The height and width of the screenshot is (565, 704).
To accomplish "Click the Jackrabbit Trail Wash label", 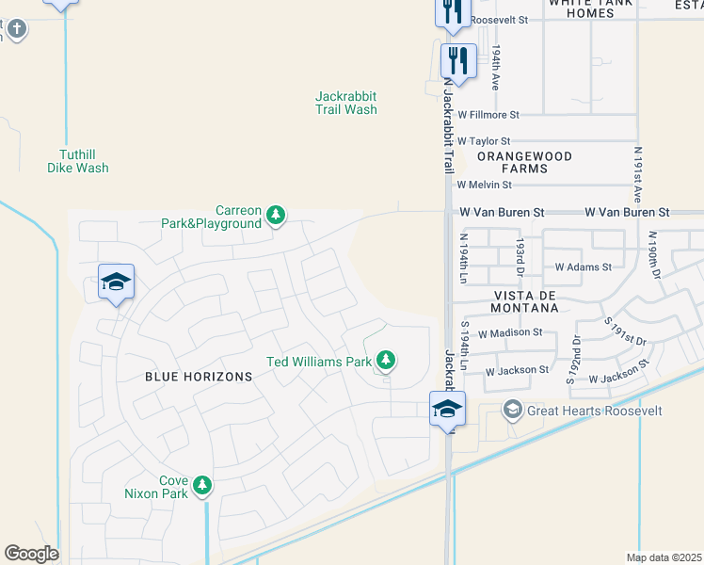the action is (x=346, y=103).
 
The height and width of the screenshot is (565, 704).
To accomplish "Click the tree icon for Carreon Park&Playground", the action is (x=276, y=216).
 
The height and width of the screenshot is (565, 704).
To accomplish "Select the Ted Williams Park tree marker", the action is (x=385, y=360).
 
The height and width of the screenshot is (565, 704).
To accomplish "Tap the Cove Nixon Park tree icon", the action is (x=201, y=485).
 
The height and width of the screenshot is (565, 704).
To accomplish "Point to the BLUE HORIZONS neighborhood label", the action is (x=199, y=377).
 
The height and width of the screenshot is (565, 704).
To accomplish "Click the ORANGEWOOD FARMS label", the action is (x=512, y=162).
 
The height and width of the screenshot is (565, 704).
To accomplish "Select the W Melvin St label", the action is (x=485, y=186).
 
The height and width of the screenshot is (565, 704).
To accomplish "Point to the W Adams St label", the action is (x=584, y=267).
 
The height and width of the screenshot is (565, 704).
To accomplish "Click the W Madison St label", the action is (x=510, y=332).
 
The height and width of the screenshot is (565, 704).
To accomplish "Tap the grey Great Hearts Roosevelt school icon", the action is (x=512, y=410).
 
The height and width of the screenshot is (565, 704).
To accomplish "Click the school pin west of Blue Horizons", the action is (x=116, y=282).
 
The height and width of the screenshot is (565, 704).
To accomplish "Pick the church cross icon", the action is (x=15, y=29).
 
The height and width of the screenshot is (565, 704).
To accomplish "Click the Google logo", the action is (x=31, y=554).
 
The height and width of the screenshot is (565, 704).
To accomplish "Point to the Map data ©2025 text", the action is (x=663, y=557).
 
